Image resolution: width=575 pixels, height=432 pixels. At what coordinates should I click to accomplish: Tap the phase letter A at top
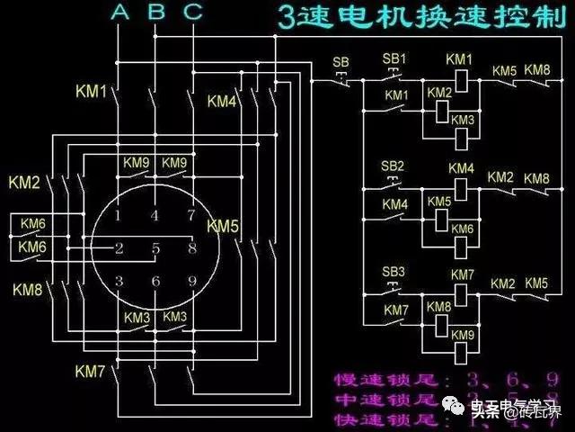tap(120, 12)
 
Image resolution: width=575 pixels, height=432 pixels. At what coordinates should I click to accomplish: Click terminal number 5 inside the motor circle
tap(155, 248)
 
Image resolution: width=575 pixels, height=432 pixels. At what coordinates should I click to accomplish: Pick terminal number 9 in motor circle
tap(191, 282)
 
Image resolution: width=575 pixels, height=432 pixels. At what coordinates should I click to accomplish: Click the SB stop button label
tap(341, 62)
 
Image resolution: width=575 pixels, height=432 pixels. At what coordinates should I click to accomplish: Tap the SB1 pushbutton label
tap(394, 58)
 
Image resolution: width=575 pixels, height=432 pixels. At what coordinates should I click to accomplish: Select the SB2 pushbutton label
tap(393, 167)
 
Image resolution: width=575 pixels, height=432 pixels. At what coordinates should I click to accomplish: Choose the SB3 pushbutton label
tap(394, 272)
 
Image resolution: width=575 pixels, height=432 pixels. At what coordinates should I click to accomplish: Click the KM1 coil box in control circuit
tap(460, 79)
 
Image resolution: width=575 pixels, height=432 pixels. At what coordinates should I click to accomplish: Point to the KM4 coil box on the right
tap(461, 188)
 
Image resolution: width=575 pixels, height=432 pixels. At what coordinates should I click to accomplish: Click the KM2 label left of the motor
tap(24, 183)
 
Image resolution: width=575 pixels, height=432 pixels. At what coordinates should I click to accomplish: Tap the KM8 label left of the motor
tap(28, 289)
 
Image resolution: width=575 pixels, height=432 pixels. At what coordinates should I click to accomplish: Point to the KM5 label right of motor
tap(222, 225)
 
